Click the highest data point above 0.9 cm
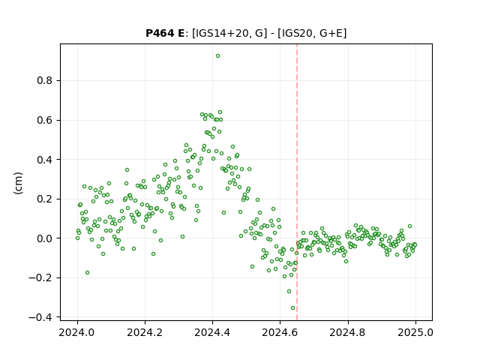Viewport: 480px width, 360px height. (x=217, y=56)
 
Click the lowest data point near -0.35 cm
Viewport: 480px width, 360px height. (x=292, y=308)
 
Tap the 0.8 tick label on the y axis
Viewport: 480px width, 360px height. (x=45, y=81)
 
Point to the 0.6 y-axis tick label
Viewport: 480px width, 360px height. (x=45, y=120)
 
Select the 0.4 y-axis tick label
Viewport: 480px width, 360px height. (x=45, y=160)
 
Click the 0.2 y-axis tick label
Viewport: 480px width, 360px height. (x=45, y=199)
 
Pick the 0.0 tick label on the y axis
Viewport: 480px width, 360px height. (x=45, y=238)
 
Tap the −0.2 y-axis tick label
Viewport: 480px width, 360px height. (x=40, y=278)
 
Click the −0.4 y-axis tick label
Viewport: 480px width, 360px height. (x=40, y=317)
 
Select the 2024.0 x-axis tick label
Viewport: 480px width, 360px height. (x=77, y=332)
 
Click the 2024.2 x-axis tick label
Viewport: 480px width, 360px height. (x=145, y=332)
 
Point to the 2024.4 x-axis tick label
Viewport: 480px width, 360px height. (x=212, y=332)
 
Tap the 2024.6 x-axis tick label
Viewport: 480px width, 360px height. (x=280, y=332)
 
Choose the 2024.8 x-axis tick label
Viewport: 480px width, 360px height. (x=348, y=332)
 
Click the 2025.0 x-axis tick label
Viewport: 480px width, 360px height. (x=415, y=332)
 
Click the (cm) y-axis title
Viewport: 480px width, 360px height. (x=18, y=183)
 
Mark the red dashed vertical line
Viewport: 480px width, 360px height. (x=297, y=182)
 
